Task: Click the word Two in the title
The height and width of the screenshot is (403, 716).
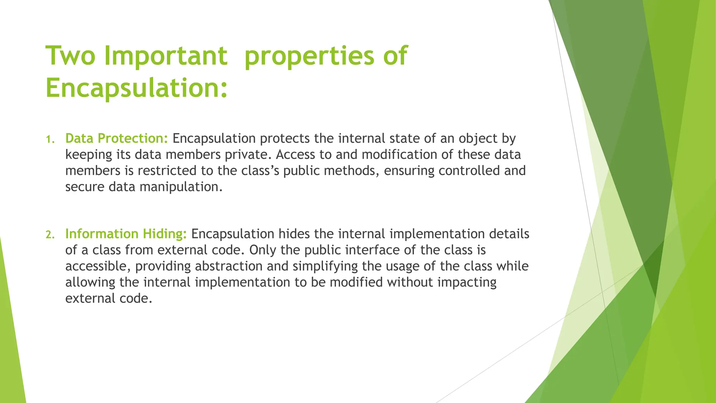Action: pyautogui.click(x=70, y=56)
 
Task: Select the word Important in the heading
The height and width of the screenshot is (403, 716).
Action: pyautogui.click(x=166, y=56)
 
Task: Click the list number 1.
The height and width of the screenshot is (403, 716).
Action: pyautogui.click(x=50, y=140)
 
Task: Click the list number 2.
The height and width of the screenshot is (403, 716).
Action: pyautogui.click(x=50, y=235)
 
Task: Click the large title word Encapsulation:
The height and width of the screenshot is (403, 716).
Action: pyautogui.click(x=137, y=88)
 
